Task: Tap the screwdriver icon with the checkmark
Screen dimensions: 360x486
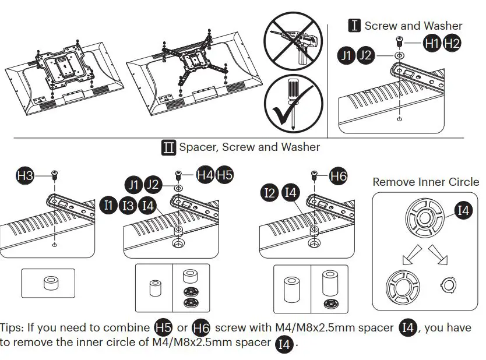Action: pyautogui.click(x=294, y=105)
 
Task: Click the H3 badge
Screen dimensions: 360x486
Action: pyautogui.click(x=26, y=174)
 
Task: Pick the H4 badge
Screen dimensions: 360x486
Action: pyautogui.click(x=205, y=174)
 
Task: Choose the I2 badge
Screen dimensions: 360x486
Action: pyautogui.click(x=270, y=193)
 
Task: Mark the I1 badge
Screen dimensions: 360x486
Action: pyautogui.click(x=109, y=205)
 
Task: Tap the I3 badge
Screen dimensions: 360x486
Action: pyautogui.click(x=129, y=205)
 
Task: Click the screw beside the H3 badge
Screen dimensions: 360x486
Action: pyautogui.click(x=55, y=174)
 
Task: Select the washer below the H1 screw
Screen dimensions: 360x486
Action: pyautogui.click(x=398, y=56)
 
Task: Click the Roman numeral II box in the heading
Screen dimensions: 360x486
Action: pyautogui.click(x=168, y=147)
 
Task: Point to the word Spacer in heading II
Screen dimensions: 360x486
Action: pyautogui.click(x=198, y=147)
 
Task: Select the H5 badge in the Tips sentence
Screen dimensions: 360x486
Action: pyautogui.click(x=163, y=328)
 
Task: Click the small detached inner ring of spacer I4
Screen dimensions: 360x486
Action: pyautogui.click(x=448, y=285)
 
